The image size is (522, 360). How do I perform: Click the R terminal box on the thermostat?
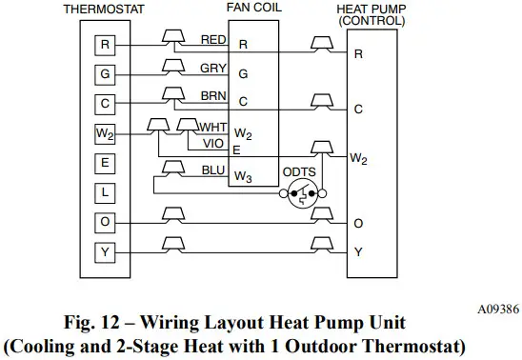pos(107,43)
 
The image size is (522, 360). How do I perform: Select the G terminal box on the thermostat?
pos(107,72)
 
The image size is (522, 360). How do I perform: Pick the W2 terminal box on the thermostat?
pos(107,133)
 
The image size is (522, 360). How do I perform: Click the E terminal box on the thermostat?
pos(107,163)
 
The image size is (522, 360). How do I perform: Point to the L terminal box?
pos(107,192)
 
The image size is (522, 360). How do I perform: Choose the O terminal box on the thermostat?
pos(107,222)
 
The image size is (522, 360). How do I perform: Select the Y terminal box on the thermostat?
pos(107,251)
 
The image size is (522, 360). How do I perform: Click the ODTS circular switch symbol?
pos(301,198)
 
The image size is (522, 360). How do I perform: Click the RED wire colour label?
pos(213,39)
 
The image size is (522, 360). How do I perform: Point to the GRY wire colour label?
pos(213,68)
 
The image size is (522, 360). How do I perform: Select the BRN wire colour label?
pos(213,96)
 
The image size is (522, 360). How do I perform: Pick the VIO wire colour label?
pos(212,143)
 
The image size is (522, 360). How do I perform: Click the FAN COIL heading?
pos(252,8)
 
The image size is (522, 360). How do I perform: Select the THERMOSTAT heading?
pos(106,9)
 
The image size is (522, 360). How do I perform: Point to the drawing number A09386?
pos(492,309)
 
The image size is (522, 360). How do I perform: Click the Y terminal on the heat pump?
pos(358,252)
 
